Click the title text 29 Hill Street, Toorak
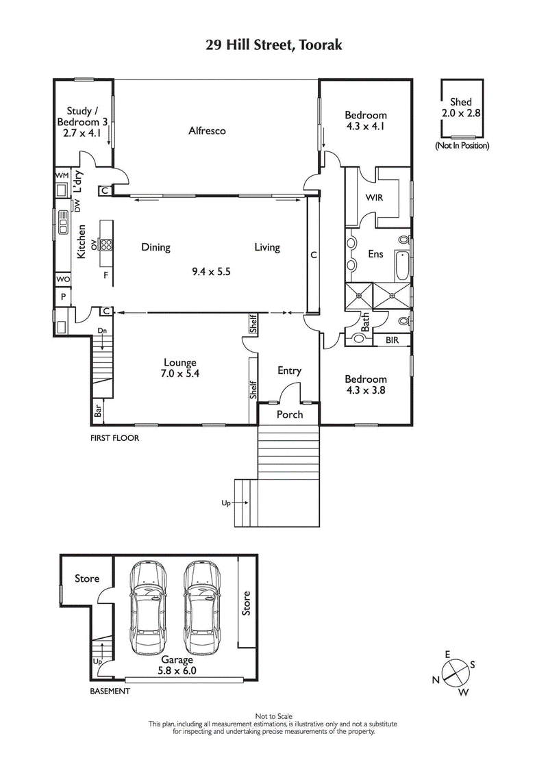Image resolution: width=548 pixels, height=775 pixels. [x=274, y=46]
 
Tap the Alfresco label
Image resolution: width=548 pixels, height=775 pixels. [x=207, y=131]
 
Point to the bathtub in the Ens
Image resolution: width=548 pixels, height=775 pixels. [x=402, y=266]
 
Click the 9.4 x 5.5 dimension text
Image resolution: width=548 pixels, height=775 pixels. [x=211, y=271]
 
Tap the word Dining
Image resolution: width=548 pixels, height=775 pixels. [x=155, y=247]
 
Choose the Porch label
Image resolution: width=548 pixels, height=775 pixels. [x=289, y=415]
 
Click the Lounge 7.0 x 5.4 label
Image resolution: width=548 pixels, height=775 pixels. [x=180, y=368]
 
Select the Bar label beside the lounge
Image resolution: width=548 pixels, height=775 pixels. [x=98, y=411]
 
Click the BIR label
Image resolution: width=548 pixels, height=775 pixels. [x=393, y=340]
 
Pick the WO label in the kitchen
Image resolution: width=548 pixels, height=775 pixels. [x=62, y=279]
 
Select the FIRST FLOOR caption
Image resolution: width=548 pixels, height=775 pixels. [x=115, y=438]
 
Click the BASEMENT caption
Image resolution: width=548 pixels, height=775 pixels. [x=110, y=691]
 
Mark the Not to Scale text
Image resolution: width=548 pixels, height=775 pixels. [x=274, y=716]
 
